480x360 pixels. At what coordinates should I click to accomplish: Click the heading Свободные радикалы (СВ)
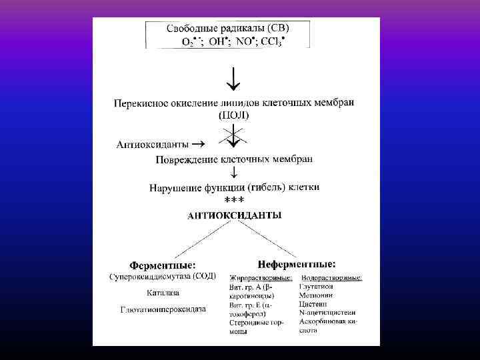coord(227,28)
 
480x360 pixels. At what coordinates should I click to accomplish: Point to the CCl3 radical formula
coord(271,41)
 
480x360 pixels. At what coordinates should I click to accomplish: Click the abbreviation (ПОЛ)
coord(234,115)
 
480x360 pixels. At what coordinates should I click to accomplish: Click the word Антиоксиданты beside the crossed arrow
coord(152,144)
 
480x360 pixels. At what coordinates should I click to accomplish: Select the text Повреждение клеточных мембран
coord(234,160)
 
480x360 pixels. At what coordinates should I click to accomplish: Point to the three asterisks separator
coord(234,200)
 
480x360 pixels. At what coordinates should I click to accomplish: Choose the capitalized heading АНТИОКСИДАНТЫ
coord(234,215)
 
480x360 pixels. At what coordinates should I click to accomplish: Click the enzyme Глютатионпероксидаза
coord(163,309)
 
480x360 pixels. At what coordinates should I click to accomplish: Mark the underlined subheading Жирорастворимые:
coord(261,277)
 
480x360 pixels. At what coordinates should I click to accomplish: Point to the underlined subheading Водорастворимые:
coord(331,277)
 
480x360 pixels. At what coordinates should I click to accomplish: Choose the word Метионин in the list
coord(319,295)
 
